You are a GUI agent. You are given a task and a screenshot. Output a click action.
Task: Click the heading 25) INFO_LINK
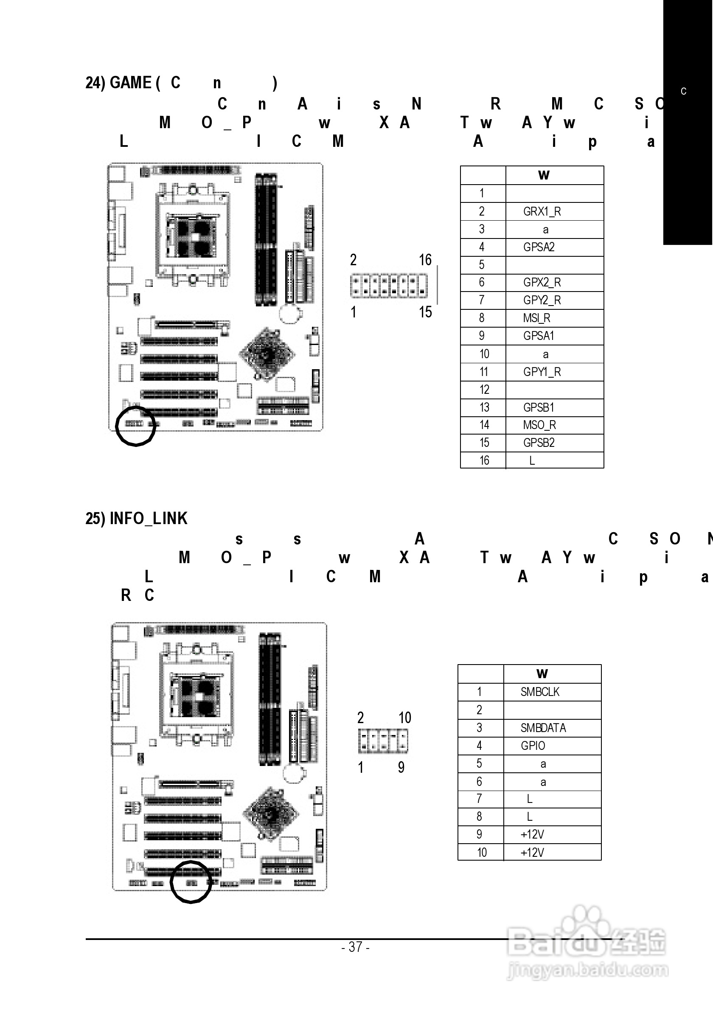coord(136,519)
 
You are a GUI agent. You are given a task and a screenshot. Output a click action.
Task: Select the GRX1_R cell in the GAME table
coord(542,212)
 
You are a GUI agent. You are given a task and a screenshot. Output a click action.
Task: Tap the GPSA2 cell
coord(539,247)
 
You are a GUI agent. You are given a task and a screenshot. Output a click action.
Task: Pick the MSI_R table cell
coord(536,318)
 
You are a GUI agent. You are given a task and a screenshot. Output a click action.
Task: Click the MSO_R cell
coord(539,425)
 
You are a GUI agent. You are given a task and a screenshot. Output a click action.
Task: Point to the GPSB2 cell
coord(539,443)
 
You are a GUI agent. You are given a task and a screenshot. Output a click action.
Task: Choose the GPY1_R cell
coord(542,372)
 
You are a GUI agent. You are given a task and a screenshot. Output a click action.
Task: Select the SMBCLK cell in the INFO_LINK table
coord(540,692)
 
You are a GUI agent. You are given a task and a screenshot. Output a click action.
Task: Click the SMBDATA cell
coord(543,728)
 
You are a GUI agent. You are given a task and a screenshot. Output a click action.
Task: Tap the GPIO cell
coord(533,746)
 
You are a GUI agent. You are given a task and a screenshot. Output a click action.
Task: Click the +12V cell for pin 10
coord(532,853)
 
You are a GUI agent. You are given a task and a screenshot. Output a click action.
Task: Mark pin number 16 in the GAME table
coord(484,460)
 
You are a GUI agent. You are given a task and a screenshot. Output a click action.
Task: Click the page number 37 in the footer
coord(355,946)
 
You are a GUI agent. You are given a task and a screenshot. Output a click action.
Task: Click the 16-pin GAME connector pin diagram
coord(389,286)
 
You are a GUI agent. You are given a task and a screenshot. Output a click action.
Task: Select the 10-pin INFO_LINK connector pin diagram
coord(383,741)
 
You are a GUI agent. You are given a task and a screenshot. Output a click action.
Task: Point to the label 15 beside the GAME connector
coord(425,312)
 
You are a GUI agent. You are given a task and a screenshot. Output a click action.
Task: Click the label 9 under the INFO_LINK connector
coord(401,768)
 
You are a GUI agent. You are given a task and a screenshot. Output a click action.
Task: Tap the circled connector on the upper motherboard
coord(135,424)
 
